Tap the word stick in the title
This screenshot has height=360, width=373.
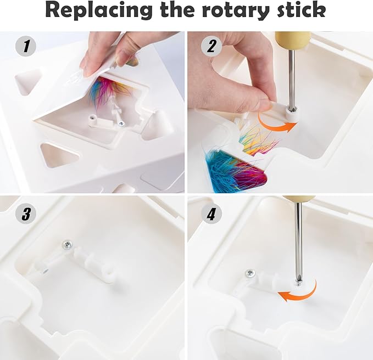tap(301, 10)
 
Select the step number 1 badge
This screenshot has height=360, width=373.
tap(26, 46)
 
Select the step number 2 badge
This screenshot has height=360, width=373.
tap(211, 46)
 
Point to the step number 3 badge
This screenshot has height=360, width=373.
tap(26, 214)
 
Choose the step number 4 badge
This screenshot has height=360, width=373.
tap(211, 214)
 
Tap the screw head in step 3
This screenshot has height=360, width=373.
tap(67, 245)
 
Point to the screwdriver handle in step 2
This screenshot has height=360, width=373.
tap(293, 41)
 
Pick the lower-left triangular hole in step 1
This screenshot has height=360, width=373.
tap(59, 155)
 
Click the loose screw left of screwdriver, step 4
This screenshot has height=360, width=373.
tap(250, 274)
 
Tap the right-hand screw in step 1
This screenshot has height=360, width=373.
tap(121, 123)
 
